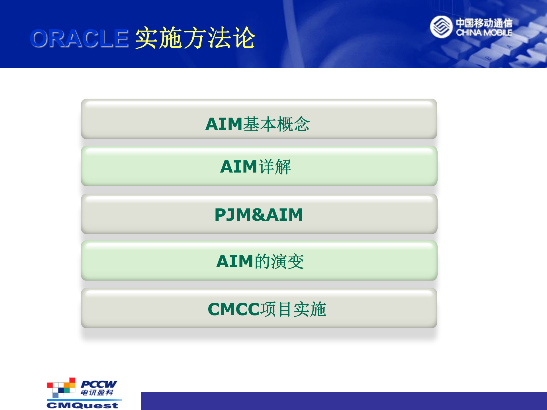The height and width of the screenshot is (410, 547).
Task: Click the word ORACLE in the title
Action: (79, 38)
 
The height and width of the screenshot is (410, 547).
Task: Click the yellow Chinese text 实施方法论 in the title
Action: (195, 38)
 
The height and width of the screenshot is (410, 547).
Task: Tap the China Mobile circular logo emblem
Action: (441, 27)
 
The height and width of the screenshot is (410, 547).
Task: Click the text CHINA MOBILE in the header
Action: (484, 33)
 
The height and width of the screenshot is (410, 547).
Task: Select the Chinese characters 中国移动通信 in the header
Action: (484, 23)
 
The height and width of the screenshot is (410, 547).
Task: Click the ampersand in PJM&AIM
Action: (258, 215)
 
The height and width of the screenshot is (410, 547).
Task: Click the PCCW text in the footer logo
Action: (99, 384)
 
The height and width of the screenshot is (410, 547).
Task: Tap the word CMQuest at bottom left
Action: (82, 405)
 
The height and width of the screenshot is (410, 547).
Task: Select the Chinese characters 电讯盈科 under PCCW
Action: (97, 393)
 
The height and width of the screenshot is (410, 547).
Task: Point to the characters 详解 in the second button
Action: (275, 167)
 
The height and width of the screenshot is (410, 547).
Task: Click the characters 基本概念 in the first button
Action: (276, 124)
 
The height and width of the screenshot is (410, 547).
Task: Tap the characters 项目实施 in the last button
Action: (293, 309)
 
